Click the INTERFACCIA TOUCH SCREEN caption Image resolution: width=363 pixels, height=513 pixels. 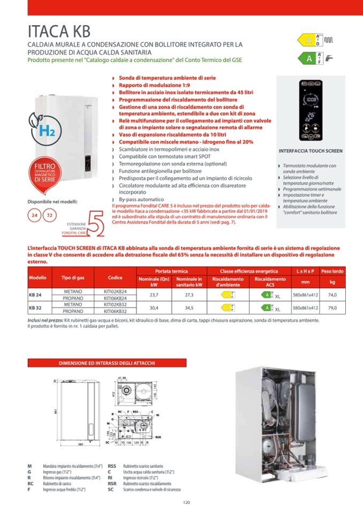click(x=311, y=151)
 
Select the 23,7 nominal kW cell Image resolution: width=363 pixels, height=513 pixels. click(x=154, y=294)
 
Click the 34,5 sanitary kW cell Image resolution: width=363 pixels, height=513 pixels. click(x=188, y=308)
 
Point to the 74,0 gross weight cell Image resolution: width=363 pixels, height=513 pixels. click(x=332, y=294)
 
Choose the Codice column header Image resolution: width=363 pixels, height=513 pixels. click(x=115, y=278)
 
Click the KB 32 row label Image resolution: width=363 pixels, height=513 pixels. click(x=35, y=308)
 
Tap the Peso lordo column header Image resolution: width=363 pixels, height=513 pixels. click(x=332, y=271)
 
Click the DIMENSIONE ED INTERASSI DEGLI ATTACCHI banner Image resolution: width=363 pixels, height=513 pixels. click(x=107, y=363)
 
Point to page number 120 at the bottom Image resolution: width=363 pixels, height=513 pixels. click(x=186, y=502)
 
